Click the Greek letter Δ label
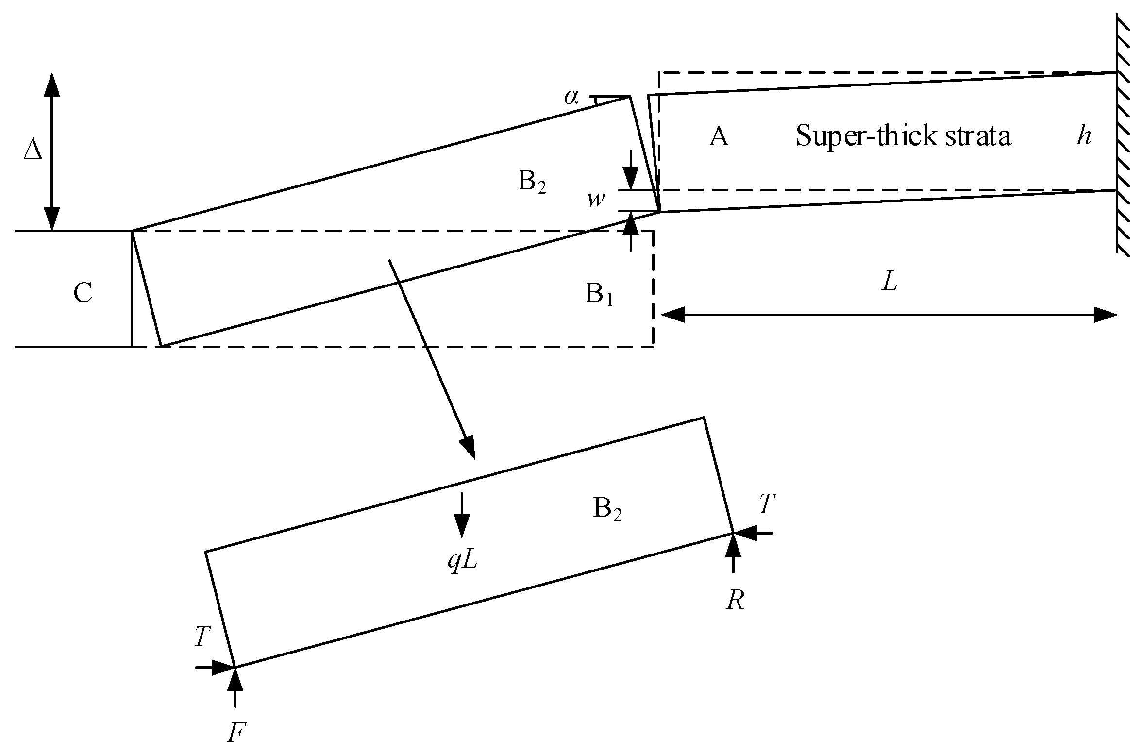click(33, 152)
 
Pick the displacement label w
click(595, 200)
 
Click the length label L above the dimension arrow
click(890, 282)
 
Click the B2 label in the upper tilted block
click(532, 183)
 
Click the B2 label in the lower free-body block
click(607, 510)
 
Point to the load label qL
click(462, 562)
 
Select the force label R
click(735, 601)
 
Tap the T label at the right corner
click(767, 504)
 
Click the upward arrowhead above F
click(235, 680)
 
